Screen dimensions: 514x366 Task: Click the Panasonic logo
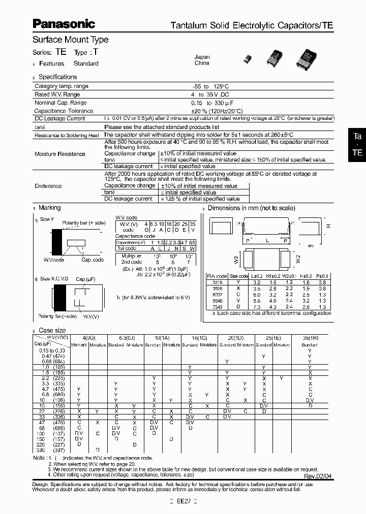(x=64, y=23)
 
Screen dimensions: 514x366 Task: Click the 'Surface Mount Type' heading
(x=70, y=40)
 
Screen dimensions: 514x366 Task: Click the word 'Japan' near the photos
(x=202, y=57)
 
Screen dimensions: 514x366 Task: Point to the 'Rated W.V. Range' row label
(x=57, y=94)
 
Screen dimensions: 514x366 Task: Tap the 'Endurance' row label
(x=48, y=186)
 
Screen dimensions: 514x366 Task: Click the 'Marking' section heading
(x=49, y=208)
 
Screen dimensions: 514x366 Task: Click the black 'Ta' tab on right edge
(x=357, y=137)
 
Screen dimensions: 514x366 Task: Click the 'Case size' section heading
(x=52, y=330)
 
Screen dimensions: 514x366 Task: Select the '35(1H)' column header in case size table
(x=310, y=338)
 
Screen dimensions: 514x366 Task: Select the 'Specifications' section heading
(x=58, y=77)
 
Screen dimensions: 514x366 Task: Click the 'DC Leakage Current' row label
(x=59, y=118)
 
